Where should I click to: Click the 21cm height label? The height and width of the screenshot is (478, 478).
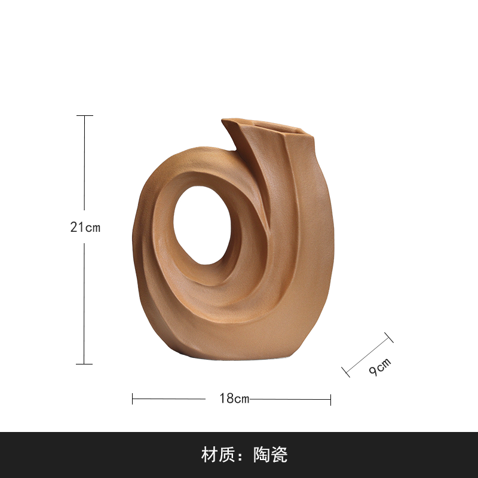point(85,227)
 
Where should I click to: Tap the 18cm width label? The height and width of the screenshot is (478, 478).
point(234,398)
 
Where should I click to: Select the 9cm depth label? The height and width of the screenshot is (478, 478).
point(380,367)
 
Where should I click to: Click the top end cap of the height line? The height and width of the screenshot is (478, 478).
point(84,115)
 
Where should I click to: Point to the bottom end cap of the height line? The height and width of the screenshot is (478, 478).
point(84,364)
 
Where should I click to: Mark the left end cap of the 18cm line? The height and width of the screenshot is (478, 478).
point(132,399)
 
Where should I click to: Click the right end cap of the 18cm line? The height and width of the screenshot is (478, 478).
point(331,399)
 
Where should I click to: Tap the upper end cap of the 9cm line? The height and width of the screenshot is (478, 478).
point(389,338)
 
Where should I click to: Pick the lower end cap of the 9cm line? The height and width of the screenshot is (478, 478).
point(346,372)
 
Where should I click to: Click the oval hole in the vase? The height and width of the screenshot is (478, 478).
point(202,225)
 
